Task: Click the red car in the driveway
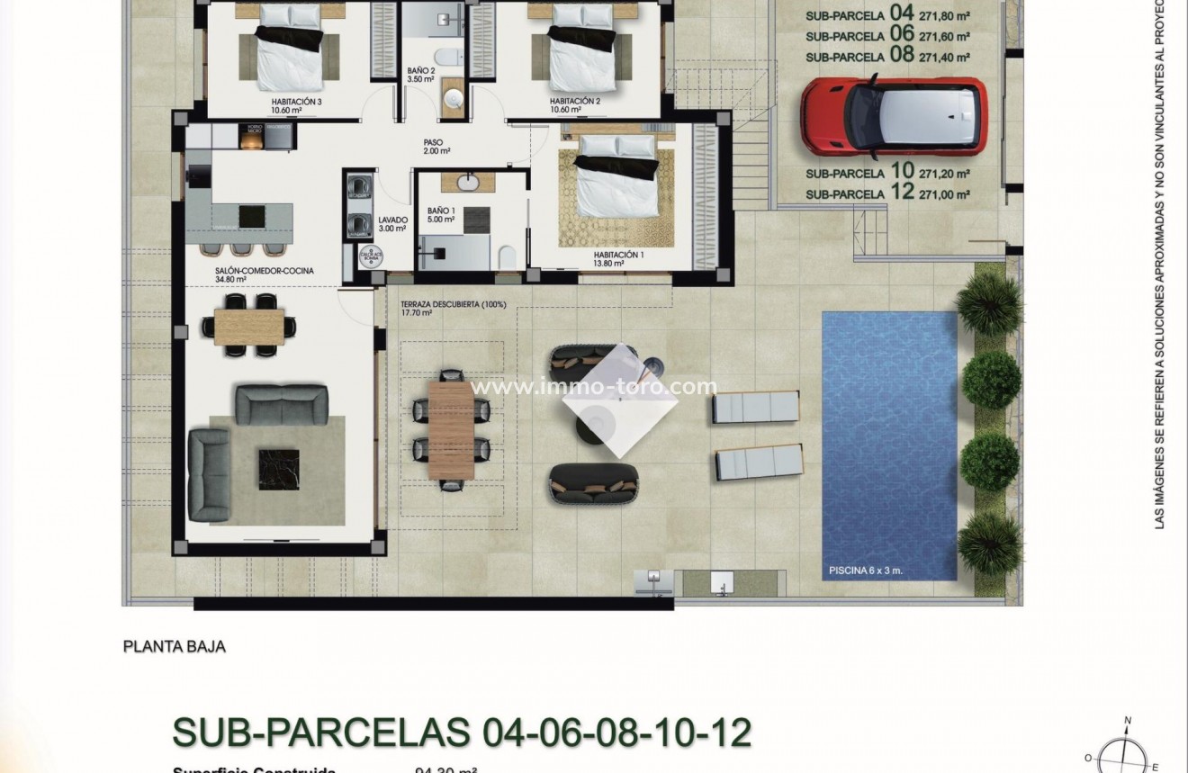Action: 893,114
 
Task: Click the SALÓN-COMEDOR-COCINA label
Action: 265,274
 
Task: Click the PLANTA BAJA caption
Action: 174,646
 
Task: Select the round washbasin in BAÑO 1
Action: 469,183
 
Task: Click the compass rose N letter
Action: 1127,720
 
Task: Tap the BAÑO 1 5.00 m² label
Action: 441,213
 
